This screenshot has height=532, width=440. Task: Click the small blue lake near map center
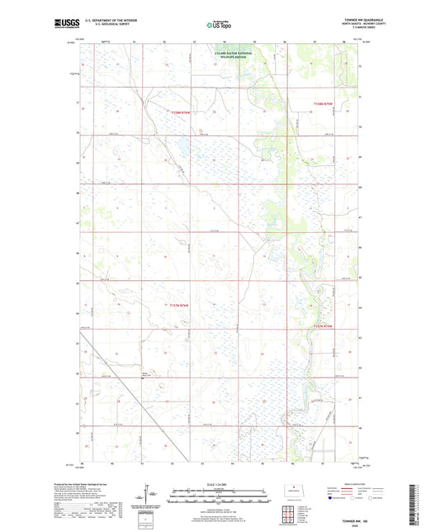coord(176,150)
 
